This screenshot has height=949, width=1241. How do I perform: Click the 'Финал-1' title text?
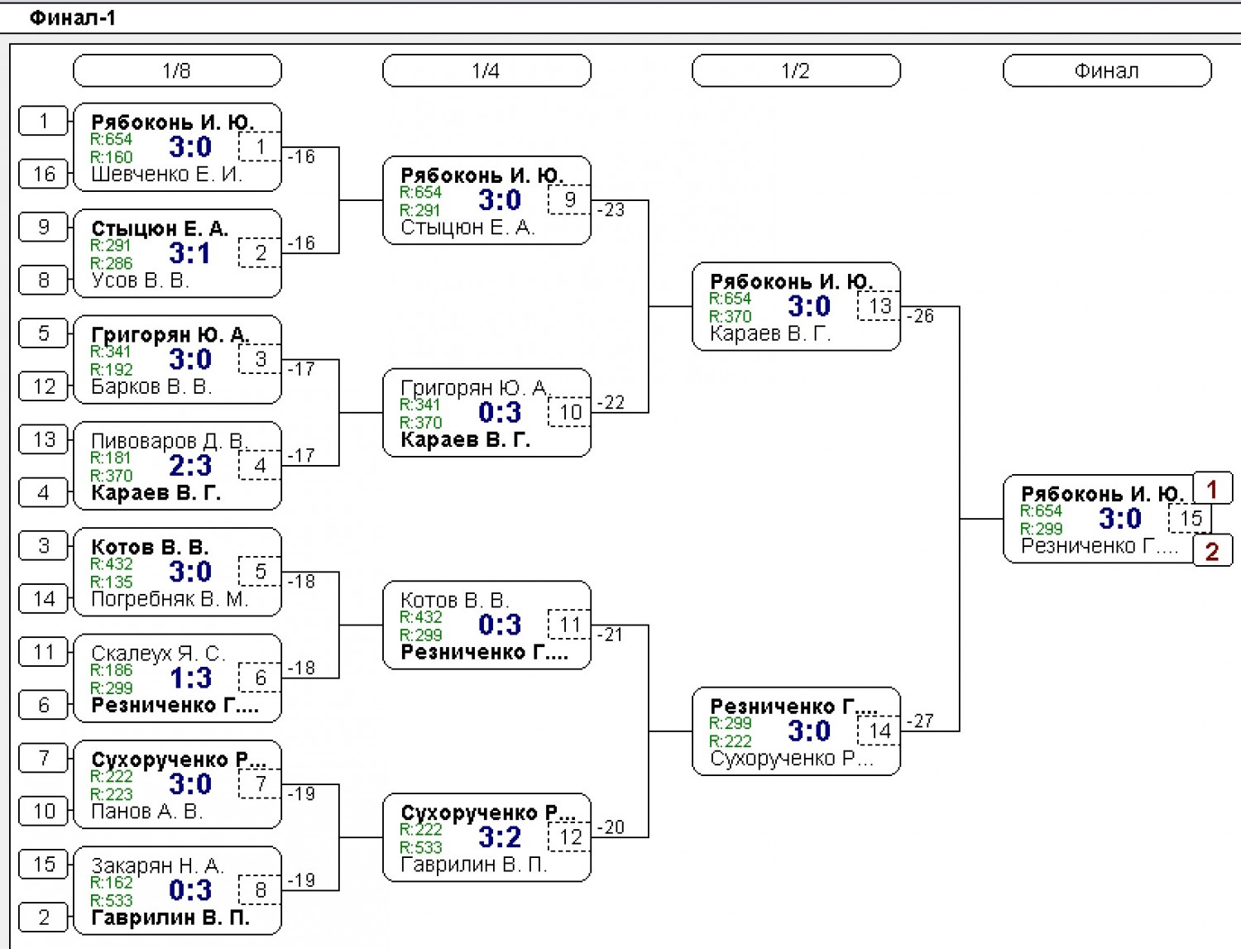point(72,18)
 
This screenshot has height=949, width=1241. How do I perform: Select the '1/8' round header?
point(177,70)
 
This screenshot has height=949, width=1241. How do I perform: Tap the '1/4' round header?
point(486,70)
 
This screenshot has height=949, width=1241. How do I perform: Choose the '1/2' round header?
point(796,70)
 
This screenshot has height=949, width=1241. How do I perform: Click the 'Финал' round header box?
point(1107,70)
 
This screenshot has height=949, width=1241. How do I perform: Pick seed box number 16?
point(43,174)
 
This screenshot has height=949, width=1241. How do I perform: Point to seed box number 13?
point(43,439)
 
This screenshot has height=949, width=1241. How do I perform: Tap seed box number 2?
point(43,917)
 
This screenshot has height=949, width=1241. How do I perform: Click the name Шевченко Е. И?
point(166,174)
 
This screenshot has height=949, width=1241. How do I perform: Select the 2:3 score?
point(190,466)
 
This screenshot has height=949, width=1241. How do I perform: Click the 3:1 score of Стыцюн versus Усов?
point(189,253)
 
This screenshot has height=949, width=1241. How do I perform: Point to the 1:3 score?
point(190,678)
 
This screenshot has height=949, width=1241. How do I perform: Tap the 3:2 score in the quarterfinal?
point(500,837)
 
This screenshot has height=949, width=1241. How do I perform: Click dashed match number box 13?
point(879,306)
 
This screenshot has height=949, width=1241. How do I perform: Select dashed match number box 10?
point(569,412)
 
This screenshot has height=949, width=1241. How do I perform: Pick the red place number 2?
point(1212,550)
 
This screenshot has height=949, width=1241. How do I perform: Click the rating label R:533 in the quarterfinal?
point(420,847)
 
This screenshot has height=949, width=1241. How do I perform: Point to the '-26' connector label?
point(921,316)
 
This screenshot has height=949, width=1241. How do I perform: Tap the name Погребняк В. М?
point(170,598)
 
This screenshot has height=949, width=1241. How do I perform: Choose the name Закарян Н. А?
point(158,865)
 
